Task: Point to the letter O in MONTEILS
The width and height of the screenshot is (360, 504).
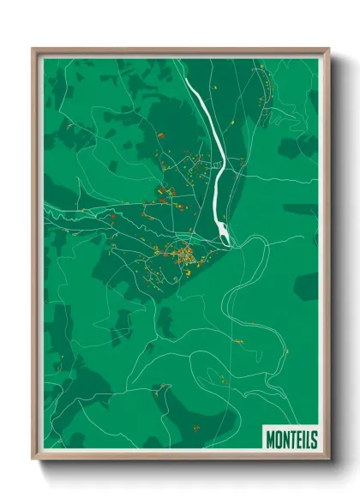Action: pos(278,441)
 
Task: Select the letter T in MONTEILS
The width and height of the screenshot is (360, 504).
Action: pos(292,441)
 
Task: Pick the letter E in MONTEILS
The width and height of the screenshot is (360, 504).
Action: pos(299,441)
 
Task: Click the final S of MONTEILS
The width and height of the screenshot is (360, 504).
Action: pos(314,441)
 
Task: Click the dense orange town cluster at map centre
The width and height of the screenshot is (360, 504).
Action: pos(183,254)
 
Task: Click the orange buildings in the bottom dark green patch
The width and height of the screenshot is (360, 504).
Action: pos(195,426)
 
